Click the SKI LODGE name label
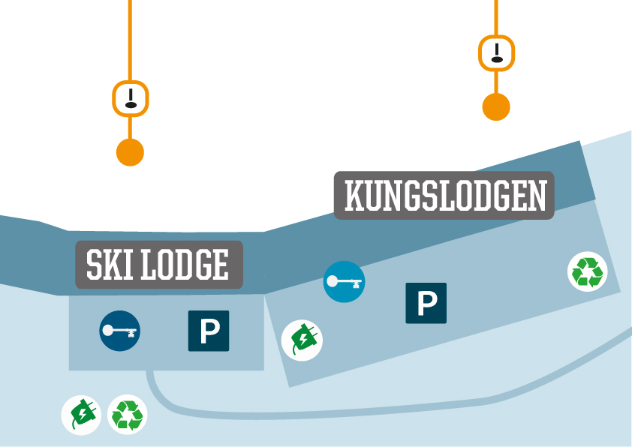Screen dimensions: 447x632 click(x=159, y=265)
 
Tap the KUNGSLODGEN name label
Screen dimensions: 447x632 click(x=444, y=195)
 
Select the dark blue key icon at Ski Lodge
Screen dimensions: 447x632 click(x=120, y=331)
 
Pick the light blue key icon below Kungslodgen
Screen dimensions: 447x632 click(x=344, y=282)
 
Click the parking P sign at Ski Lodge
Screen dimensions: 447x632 click(x=209, y=331)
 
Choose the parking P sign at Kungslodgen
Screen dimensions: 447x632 click(x=426, y=303)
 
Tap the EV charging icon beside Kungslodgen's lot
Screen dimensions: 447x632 click(x=302, y=340)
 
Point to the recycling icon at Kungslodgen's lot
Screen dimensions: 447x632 click(x=587, y=271)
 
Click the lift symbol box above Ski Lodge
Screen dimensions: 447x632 click(x=131, y=98)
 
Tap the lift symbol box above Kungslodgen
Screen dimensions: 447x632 click(x=496, y=53)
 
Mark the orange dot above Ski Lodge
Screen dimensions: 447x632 click(x=130, y=152)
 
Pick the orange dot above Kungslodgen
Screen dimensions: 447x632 click(x=496, y=106)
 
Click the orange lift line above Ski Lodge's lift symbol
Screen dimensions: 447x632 click(x=131, y=37)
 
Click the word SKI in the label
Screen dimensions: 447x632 click(x=107, y=265)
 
